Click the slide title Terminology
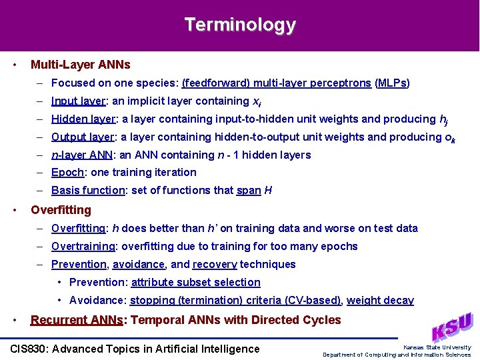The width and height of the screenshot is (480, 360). coord(240,25)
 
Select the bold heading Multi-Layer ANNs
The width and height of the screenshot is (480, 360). coord(80,65)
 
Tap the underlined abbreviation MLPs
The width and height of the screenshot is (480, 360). coord(392,83)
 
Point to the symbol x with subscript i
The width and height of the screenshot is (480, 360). coord(257,102)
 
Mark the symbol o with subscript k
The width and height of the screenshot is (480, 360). coord(450,138)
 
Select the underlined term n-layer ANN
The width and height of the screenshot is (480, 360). coord(82,155)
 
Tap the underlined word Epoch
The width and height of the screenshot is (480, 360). coord(67,172)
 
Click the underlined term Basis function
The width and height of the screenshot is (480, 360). coord(88,190)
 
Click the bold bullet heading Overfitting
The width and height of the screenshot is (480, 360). coord(61,210)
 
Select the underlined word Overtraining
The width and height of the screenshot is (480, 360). coord(83,246)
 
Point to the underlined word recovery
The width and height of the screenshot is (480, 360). coord(215,264)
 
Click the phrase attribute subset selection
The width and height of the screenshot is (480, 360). coord(195,282)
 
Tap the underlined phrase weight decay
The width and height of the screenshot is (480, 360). coord(380,300)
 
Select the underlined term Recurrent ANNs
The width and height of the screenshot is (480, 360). coord(77,320)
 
